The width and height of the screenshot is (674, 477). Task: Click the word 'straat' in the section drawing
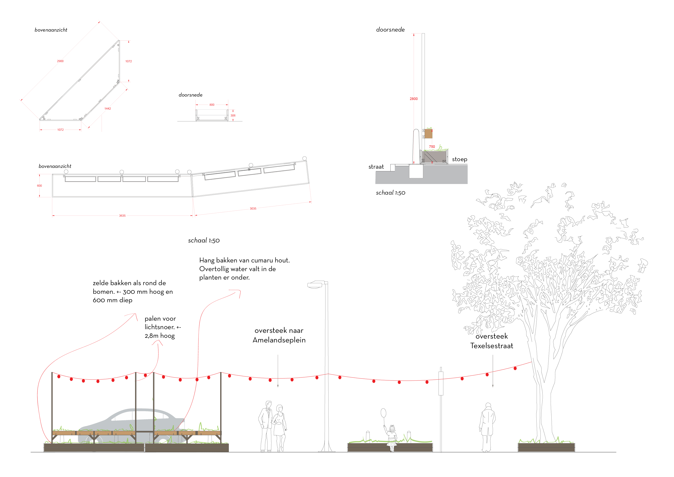pos(376,167)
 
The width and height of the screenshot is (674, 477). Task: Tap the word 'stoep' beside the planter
pos(459,160)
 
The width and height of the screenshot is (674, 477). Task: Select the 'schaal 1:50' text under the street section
pos(390,193)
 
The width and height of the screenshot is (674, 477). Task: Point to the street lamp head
pos(315,284)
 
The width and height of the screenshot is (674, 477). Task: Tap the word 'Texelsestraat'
pos(491,346)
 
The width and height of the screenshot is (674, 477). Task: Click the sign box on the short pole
pos(441,383)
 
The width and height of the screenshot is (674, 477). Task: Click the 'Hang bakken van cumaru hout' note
pos(244,261)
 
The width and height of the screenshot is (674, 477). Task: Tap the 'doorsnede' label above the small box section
pos(191,95)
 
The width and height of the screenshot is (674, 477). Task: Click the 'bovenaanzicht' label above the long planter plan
pos(55,166)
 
